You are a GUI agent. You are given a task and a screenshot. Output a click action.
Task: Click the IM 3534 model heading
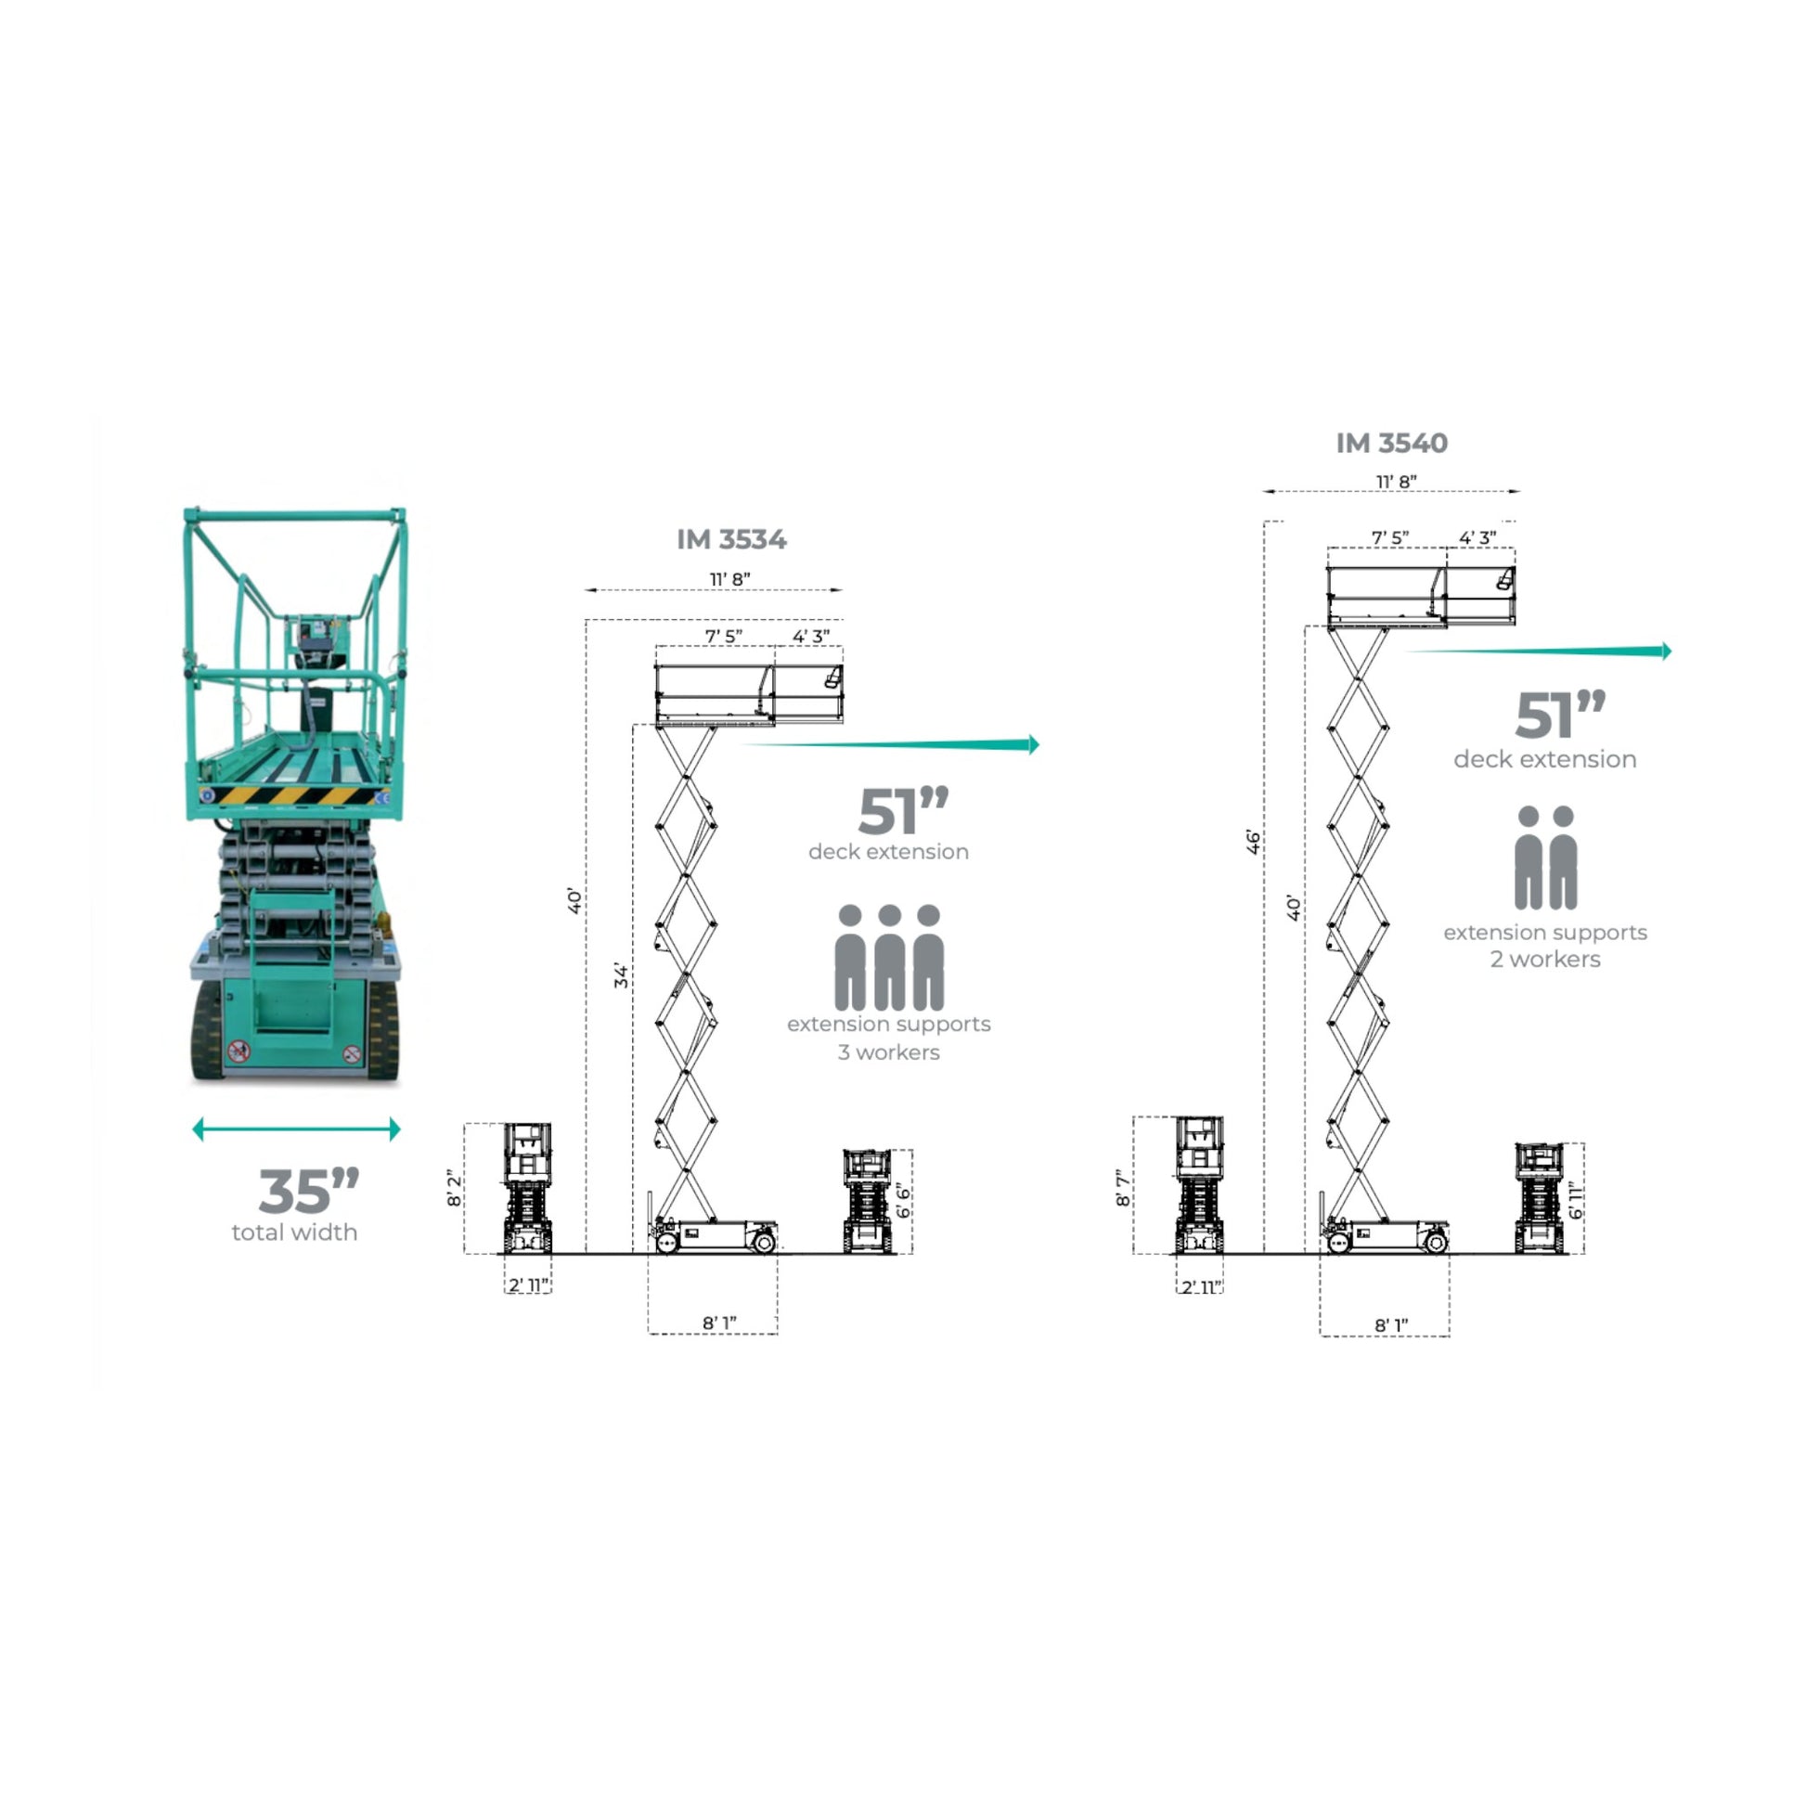click(731, 539)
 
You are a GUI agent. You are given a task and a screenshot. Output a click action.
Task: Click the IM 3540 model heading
click(1391, 443)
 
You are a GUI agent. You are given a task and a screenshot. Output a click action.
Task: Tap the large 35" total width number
click(308, 1191)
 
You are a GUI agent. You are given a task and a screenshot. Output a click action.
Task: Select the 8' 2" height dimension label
click(455, 1187)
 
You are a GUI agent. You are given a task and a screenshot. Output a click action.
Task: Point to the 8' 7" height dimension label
click(1124, 1187)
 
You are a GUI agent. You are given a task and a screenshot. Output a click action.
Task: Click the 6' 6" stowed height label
click(904, 1201)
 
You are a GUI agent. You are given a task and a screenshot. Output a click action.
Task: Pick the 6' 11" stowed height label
click(1576, 1200)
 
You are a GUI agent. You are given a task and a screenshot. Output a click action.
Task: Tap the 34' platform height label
click(622, 975)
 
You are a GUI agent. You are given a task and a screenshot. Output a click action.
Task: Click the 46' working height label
click(1253, 842)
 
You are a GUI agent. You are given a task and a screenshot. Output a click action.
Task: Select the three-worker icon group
click(889, 956)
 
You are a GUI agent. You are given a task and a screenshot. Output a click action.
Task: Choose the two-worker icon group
click(1545, 858)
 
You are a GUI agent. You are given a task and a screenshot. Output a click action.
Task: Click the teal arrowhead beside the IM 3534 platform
click(1033, 744)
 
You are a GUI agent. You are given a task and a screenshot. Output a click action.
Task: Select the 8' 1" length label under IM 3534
click(719, 1322)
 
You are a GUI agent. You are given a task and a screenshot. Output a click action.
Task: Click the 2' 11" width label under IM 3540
click(1199, 1287)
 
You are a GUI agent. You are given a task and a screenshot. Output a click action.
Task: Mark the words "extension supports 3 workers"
click(888, 1038)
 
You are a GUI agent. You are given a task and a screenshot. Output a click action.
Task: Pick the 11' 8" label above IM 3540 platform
click(1396, 482)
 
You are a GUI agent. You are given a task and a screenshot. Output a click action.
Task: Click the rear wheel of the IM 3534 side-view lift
click(763, 1242)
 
